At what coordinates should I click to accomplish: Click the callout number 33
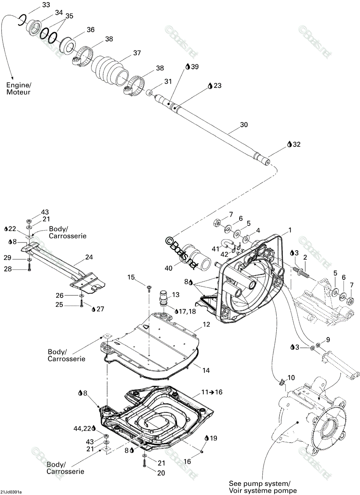point(46,5)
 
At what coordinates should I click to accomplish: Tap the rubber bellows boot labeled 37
point(110,71)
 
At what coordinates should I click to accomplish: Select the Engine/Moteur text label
point(19,88)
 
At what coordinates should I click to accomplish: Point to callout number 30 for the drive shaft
point(244,125)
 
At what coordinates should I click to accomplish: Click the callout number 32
point(296,144)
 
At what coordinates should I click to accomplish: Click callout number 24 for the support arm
point(89,257)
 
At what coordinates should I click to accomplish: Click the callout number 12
point(207,324)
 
